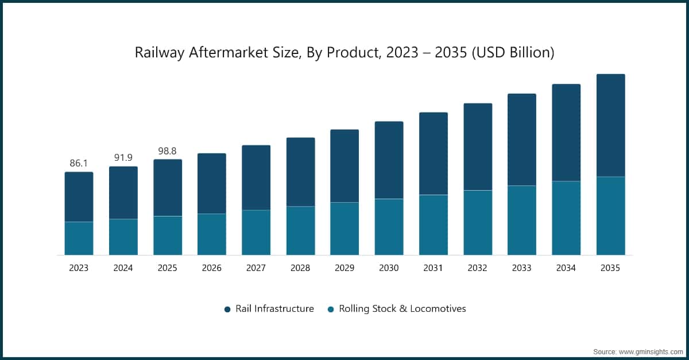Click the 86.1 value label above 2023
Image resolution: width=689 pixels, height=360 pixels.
[79, 163]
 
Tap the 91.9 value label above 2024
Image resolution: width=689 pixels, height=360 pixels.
[123, 157]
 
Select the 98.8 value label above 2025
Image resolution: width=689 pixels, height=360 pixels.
[167, 150]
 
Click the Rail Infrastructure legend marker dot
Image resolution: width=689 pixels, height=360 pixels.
[227, 309]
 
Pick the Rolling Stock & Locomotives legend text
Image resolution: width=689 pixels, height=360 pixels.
[402, 308]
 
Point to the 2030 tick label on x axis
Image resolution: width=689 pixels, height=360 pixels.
[389, 268]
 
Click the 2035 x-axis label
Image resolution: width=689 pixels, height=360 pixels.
[610, 268]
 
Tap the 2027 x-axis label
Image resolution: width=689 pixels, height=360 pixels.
[256, 268]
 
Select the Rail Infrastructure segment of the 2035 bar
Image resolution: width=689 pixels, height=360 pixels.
[610, 125]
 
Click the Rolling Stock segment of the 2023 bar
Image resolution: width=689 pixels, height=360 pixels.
[79, 238]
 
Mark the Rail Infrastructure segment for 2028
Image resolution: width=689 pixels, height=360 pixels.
[300, 172]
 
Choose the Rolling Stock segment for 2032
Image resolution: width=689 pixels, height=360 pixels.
[478, 222]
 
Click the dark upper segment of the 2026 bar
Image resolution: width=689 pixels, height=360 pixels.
[212, 183]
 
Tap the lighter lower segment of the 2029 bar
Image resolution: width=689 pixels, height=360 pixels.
[344, 229]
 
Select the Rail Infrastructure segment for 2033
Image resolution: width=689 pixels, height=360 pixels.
[522, 140]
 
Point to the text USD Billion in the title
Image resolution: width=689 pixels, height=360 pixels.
[521, 53]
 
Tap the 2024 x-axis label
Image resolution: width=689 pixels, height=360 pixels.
[123, 268]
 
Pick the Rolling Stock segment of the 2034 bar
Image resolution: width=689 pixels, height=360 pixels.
[566, 218]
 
